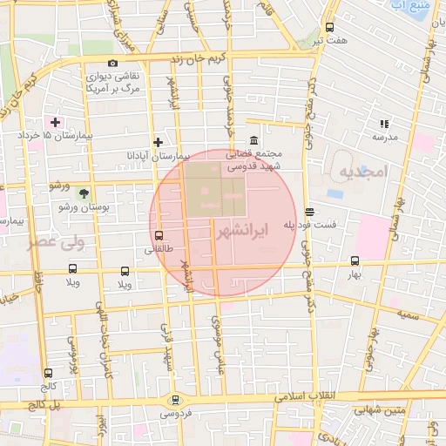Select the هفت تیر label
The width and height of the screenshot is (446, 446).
coord(332,40)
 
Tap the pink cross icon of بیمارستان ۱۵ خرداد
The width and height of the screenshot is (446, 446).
coord(57,122)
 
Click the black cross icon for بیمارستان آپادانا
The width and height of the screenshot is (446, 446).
coord(158,142)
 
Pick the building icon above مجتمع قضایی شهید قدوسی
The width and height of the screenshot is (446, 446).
coord(253,140)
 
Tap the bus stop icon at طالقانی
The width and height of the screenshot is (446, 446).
coord(159,234)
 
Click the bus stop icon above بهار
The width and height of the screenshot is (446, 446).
coord(354,260)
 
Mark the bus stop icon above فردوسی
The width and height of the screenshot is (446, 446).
coord(177,400)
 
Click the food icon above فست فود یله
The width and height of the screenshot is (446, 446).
coord(310,212)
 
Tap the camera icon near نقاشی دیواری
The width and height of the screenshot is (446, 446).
coord(112,63)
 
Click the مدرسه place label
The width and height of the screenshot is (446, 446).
coord(385,137)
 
